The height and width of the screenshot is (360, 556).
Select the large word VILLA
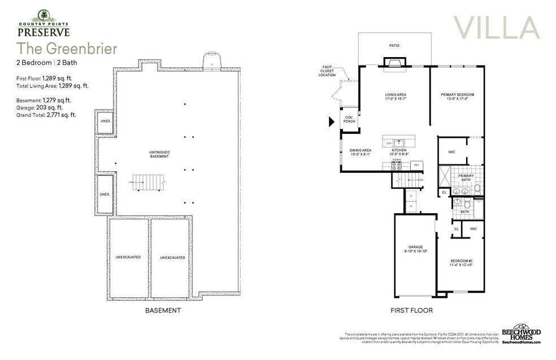496,28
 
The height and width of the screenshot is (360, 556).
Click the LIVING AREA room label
396,97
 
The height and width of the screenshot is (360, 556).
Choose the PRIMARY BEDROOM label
457,97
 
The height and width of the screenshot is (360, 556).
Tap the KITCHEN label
398,151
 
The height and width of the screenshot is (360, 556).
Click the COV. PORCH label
349,119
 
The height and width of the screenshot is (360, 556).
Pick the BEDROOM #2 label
461,262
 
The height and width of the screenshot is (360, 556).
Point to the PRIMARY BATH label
466,177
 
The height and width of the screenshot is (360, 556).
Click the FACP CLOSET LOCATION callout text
327,71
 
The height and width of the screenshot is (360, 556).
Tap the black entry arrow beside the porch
332,120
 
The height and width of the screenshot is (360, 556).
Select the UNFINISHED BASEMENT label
159,154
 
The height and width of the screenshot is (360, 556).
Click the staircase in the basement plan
147,183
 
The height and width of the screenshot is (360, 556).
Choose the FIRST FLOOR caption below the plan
411,310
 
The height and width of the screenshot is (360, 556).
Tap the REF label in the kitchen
416,164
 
